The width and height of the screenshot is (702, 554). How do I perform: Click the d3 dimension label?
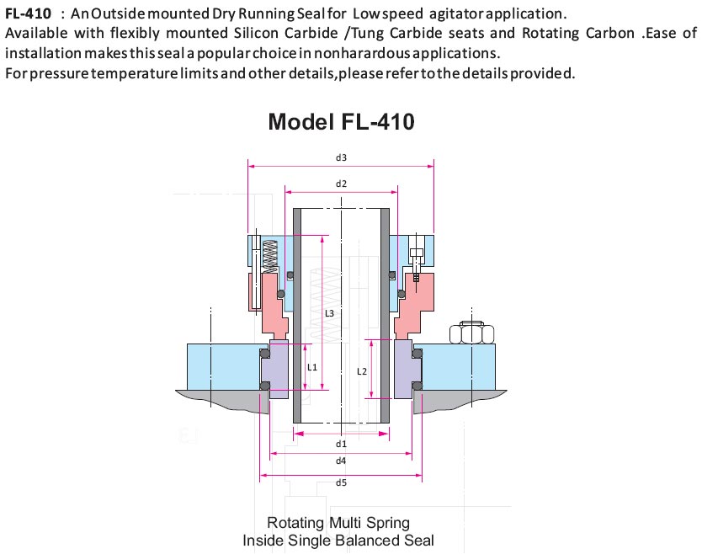point(341,157)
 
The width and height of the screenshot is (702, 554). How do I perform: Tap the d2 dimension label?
point(341,184)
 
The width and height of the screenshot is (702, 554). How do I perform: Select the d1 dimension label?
point(341,444)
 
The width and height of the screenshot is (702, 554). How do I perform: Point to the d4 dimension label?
point(341,461)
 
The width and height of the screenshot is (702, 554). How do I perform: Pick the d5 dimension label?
point(341,482)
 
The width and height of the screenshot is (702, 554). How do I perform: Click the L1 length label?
point(312,367)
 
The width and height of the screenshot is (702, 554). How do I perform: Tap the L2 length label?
point(362,371)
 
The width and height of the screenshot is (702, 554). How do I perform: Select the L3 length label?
point(329,313)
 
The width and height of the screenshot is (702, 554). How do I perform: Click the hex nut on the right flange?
point(471,333)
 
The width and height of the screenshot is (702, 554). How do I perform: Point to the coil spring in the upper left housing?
point(269,256)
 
